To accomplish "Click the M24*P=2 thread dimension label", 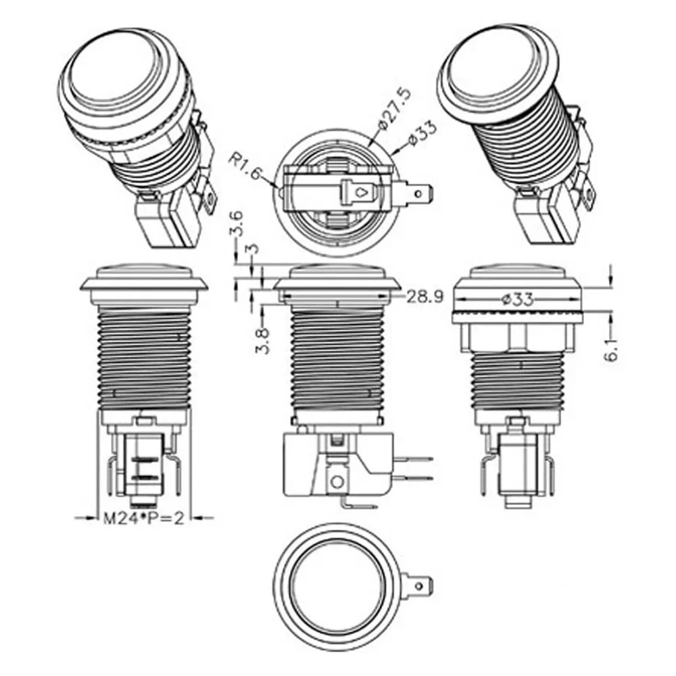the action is point(143,518).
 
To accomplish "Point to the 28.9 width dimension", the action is point(425,297).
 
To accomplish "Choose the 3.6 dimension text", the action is point(236,224).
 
